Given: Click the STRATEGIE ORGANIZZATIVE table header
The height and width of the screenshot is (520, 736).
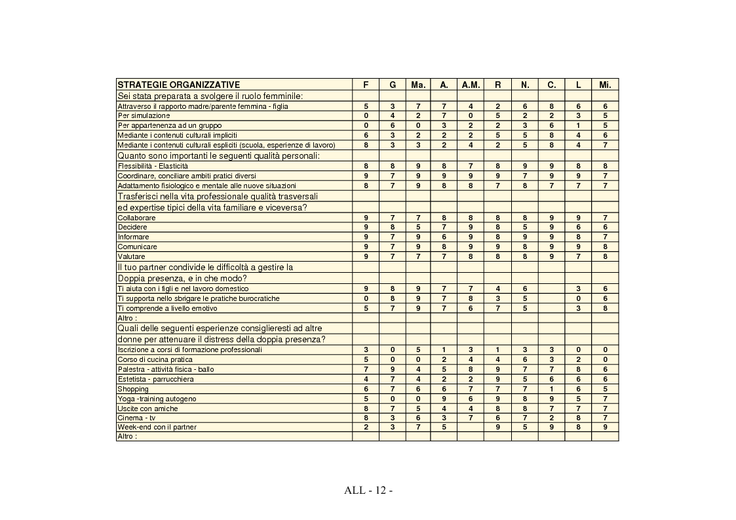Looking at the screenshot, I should click(x=178, y=85).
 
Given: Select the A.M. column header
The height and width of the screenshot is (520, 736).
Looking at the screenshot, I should click(x=471, y=85).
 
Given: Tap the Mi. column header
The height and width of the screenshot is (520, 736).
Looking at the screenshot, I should click(x=605, y=85).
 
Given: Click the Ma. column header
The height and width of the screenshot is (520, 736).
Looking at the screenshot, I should click(x=418, y=85).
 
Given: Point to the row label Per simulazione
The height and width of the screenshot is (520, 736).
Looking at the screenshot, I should click(x=144, y=115).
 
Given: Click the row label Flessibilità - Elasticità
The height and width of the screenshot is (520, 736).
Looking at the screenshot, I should click(x=152, y=166).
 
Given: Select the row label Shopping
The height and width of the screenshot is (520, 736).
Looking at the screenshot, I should click(x=133, y=389).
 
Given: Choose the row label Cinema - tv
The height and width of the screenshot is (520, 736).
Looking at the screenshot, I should click(x=136, y=418).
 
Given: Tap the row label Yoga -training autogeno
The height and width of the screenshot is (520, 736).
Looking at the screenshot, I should click(x=157, y=399).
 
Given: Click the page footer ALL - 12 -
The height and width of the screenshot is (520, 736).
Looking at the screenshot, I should click(x=368, y=490).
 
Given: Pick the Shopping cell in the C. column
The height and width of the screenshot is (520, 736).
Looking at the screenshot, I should click(x=551, y=389).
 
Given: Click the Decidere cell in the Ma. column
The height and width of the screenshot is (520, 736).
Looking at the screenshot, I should click(x=418, y=227).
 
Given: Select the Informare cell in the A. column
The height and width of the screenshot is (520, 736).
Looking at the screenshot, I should click(x=444, y=237).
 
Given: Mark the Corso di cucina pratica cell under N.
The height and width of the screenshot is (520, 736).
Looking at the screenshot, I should click(x=525, y=359).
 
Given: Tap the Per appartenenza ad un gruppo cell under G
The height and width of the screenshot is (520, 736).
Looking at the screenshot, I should click(x=392, y=125).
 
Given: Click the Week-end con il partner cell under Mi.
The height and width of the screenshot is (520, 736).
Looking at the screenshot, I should click(x=605, y=427).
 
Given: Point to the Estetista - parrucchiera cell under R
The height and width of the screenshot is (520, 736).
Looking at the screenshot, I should click(x=498, y=379).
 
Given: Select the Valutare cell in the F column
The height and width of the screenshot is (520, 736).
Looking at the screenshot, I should click(x=366, y=256).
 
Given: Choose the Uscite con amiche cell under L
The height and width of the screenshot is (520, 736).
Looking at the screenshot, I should click(x=578, y=408).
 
